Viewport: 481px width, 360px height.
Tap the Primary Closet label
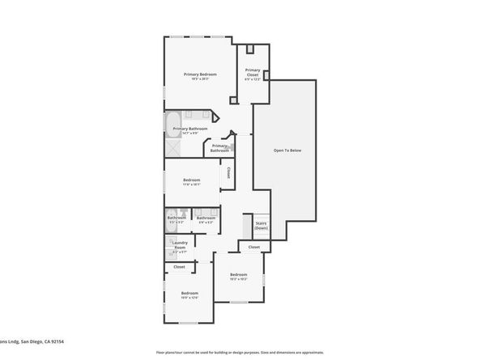coord(253,72)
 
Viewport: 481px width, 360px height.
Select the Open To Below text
coord(287,150)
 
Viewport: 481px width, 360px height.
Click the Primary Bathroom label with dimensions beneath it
coord(191,129)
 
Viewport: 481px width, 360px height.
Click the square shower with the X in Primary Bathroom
coord(174,147)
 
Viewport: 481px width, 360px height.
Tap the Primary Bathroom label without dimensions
coord(220,148)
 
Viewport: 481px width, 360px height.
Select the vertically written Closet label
coord(229,173)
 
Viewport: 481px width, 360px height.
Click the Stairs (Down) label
coord(262,225)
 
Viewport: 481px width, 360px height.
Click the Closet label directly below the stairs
coord(253,247)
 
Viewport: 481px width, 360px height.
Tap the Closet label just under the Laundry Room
coord(179,266)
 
